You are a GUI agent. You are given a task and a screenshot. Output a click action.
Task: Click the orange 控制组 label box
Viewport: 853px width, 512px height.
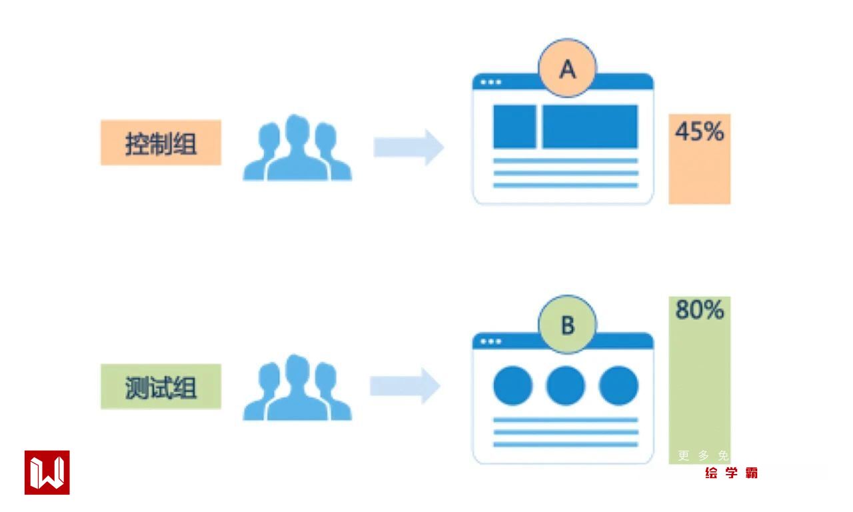[161, 143]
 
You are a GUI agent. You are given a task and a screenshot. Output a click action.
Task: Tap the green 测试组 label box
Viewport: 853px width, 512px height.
[161, 387]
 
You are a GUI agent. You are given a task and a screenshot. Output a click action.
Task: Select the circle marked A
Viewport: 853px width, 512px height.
[567, 68]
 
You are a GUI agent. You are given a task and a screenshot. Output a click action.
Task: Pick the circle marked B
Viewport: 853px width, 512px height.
[567, 325]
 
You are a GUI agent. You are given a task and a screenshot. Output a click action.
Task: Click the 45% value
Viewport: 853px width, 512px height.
[699, 132]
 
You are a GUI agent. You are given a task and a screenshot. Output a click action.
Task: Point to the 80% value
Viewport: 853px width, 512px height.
[699, 310]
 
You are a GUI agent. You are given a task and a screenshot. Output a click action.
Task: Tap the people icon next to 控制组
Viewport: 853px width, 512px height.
[297, 148]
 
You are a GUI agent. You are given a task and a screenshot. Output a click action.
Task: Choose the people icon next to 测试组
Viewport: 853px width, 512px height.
[297, 388]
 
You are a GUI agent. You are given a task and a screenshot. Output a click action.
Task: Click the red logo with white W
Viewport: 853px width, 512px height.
[47, 473]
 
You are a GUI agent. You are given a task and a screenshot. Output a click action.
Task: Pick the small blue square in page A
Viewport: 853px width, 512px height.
[514, 127]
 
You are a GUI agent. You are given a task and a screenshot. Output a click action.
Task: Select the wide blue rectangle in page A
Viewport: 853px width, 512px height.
[590, 127]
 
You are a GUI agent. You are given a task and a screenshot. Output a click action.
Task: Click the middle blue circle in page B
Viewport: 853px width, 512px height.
[566, 385]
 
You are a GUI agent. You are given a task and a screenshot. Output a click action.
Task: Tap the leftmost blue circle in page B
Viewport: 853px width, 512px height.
[512, 385]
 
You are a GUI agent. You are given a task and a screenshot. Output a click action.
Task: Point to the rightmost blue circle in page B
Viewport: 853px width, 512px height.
[618, 385]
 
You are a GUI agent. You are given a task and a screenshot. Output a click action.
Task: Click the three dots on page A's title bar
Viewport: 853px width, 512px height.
[491, 82]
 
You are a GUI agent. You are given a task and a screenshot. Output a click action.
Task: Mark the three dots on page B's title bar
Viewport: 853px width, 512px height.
[491, 341]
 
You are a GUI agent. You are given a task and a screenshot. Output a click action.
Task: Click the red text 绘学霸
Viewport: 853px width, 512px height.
[731, 473]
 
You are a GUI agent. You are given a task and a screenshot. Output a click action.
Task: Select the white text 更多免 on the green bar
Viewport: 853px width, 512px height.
[703, 456]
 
